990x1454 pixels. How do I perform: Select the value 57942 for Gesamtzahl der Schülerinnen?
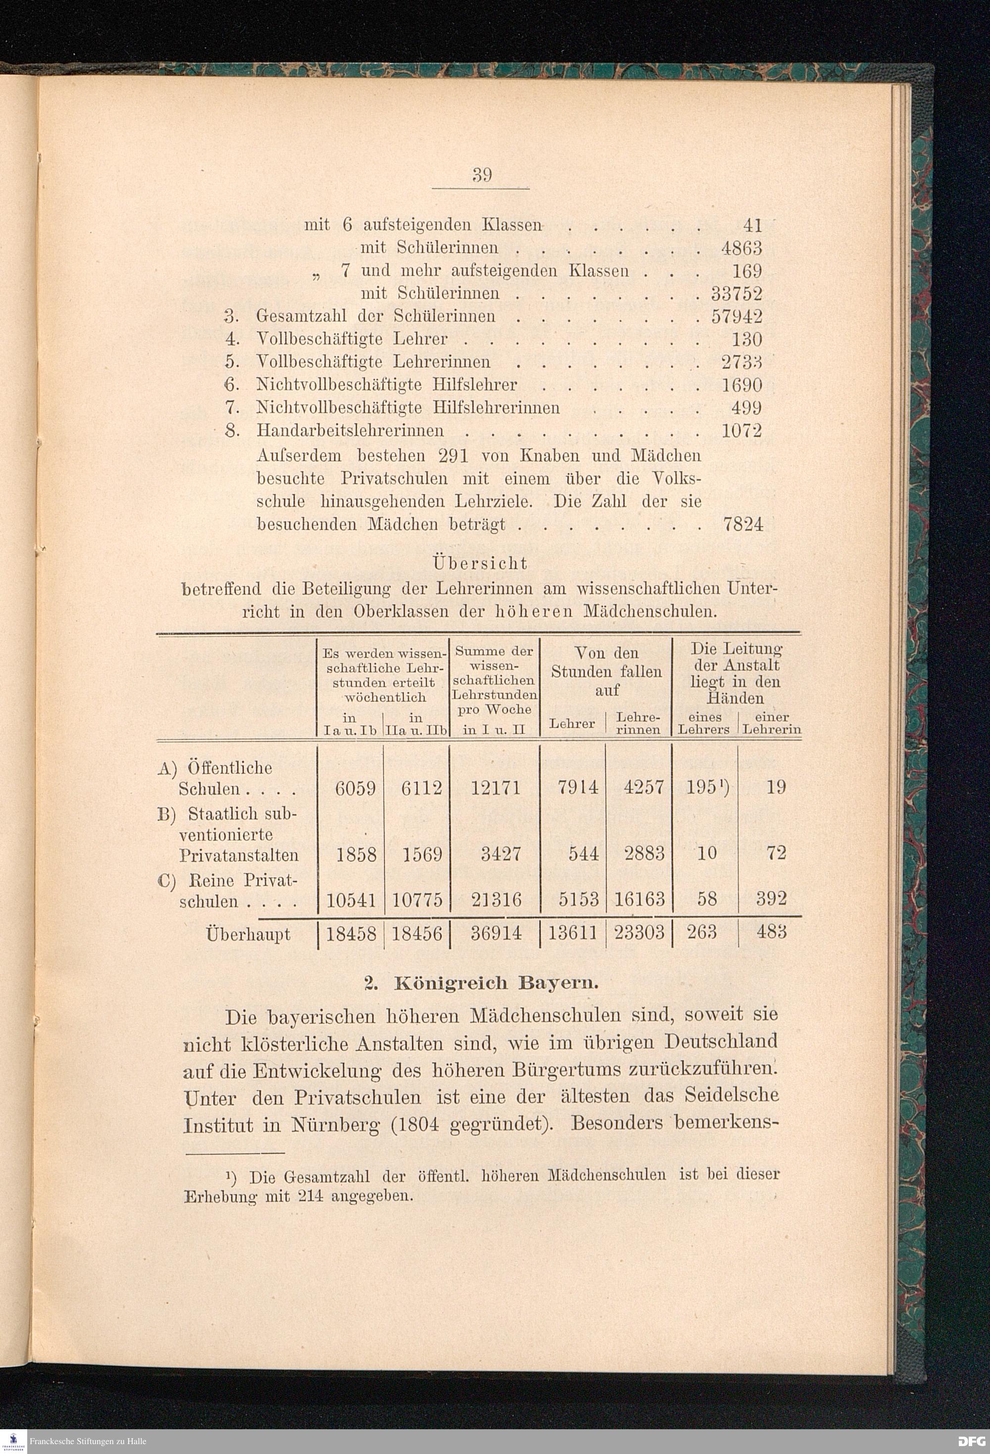coord(737,316)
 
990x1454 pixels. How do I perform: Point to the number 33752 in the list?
coord(737,294)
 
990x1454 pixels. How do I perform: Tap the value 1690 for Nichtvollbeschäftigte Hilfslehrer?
coord(742,385)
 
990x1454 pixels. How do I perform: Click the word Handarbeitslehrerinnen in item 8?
coord(350,430)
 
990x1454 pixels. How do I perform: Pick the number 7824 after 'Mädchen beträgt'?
coord(743,524)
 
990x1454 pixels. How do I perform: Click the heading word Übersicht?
coord(480,564)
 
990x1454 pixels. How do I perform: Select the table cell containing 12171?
coord(495,787)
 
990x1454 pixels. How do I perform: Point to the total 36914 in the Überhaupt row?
coord(495,934)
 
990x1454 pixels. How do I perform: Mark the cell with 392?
coord(771,900)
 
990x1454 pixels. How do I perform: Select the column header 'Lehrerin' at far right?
coord(772,730)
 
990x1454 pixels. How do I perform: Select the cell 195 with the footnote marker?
coord(703,787)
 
